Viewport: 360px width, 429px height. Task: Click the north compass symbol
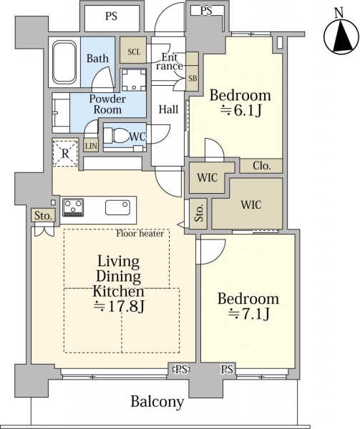340,34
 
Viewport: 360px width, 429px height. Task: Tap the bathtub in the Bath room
64,61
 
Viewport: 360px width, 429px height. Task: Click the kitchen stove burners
73,207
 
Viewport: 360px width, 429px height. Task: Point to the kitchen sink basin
117,207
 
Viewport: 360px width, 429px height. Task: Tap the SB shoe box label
193,78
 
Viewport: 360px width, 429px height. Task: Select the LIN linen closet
91,145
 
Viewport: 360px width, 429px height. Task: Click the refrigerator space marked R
65,153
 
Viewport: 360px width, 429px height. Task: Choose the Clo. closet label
261,166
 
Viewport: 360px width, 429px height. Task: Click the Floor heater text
140,233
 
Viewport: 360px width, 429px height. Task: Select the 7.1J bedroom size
249,314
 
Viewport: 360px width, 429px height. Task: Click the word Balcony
157,402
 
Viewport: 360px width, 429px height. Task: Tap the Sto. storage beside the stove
44,215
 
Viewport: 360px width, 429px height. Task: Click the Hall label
169,109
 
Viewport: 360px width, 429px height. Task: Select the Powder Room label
107,104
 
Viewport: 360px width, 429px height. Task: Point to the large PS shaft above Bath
112,17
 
